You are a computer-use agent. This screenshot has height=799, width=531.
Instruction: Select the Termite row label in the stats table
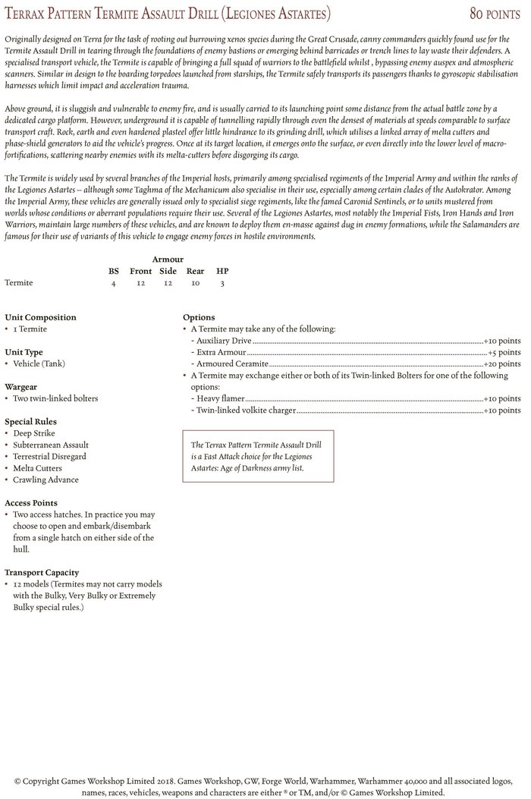click(x=19, y=283)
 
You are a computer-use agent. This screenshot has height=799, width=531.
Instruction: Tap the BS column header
click(x=114, y=271)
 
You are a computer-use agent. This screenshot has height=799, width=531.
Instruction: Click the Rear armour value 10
click(x=195, y=283)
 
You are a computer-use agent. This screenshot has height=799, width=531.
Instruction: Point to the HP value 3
click(x=222, y=283)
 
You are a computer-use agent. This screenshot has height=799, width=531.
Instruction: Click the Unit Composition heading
click(x=40, y=317)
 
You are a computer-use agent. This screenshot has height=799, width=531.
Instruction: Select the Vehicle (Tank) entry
click(x=39, y=363)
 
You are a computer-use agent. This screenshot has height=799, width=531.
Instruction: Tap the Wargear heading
click(x=21, y=386)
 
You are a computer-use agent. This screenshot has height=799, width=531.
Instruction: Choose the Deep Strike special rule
click(x=34, y=433)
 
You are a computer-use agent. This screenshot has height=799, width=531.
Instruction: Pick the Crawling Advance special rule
click(x=46, y=480)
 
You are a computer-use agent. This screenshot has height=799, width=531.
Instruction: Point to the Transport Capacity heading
click(x=42, y=572)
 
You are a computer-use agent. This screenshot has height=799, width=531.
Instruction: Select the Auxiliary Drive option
click(x=224, y=341)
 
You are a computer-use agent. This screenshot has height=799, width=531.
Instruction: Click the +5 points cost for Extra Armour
click(x=504, y=352)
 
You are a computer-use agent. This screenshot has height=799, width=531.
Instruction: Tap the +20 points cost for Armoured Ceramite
click(x=502, y=364)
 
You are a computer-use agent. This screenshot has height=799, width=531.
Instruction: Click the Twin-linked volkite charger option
click(x=245, y=411)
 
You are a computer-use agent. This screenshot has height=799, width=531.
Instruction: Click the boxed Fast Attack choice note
click(x=258, y=456)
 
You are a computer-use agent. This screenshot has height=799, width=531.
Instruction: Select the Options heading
click(x=199, y=317)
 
